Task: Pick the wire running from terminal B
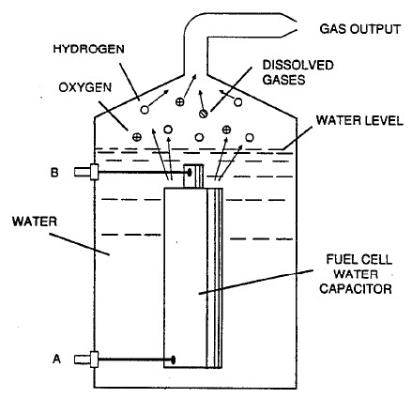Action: click(x=141, y=173)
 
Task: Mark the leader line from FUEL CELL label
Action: click(x=253, y=286)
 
